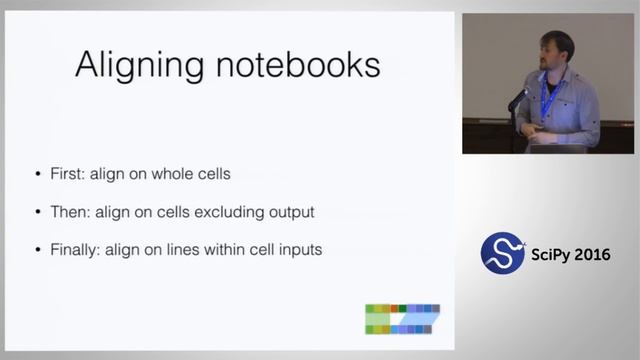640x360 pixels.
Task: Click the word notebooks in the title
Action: click(x=298, y=66)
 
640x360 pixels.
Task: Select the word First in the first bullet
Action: click(x=67, y=173)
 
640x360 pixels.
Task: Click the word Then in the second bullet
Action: click(x=69, y=212)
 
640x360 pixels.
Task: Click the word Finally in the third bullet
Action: click(x=75, y=250)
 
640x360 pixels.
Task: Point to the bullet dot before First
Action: click(x=39, y=174)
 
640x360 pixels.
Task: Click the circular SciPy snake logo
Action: click(x=503, y=253)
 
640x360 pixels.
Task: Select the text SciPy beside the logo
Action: click(x=551, y=253)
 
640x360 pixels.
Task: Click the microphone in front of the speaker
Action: click(x=519, y=98)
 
